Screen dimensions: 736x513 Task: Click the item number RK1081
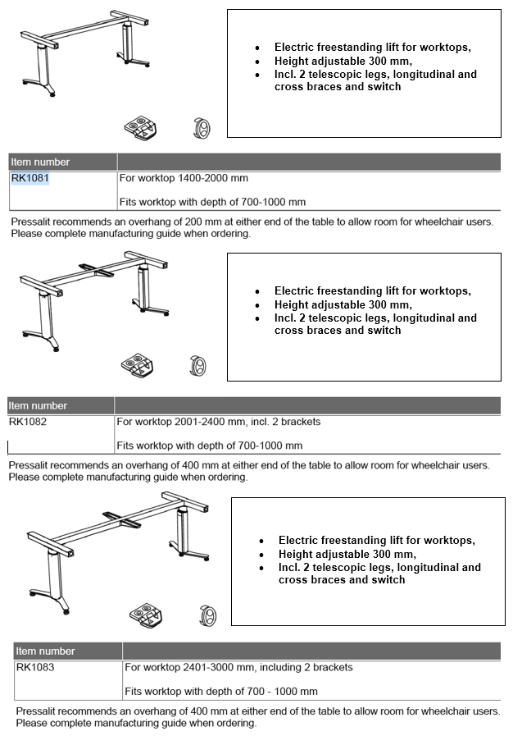click(30, 178)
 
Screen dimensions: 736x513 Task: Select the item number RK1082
click(27, 422)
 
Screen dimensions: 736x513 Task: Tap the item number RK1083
click(34, 667)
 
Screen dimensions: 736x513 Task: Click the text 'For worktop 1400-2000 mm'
click(184, 178)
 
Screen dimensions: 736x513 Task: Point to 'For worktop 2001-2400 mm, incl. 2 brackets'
click(218, 422)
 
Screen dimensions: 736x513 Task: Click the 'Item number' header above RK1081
click(40, 162)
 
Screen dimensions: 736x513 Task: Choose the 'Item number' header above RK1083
click(46, 651)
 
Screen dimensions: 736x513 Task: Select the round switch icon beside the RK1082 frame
click(197, 366)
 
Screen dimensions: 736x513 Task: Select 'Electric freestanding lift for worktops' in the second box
click(372, 290)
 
